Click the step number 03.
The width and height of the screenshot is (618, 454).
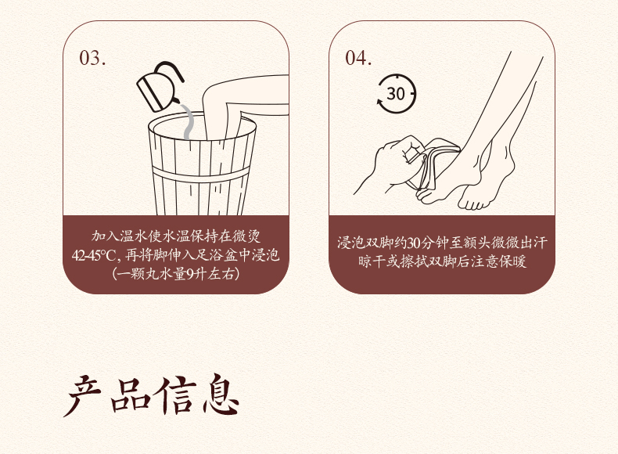[x=92, y=58]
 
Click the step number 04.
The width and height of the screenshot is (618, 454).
[x=358, y=58]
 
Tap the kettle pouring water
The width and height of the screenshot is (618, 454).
[x=160, y=86]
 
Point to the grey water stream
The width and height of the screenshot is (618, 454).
[x=188, y=121]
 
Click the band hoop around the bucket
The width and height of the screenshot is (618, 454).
[x=201, y=175]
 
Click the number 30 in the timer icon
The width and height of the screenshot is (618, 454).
[x=396, y=94]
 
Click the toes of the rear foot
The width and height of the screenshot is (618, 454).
[x=473, y=204]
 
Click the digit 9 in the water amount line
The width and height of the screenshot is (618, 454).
[x=189, y=274]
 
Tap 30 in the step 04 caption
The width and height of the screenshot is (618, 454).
[x=413, y=243]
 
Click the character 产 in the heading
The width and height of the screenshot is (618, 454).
[x=84, y=395]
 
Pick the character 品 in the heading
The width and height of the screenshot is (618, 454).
[x=130, y=395]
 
